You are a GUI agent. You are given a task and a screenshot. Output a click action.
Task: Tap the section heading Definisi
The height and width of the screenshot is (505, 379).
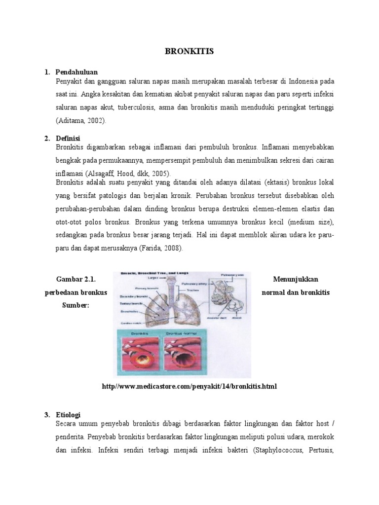[69, 138]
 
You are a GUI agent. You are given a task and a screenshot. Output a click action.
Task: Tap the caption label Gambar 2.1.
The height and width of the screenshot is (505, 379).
[76, 280]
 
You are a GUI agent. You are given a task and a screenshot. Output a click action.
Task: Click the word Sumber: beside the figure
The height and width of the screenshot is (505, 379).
[76, 305]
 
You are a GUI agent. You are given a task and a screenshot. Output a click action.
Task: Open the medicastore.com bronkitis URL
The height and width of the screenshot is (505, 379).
[189, 386]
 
